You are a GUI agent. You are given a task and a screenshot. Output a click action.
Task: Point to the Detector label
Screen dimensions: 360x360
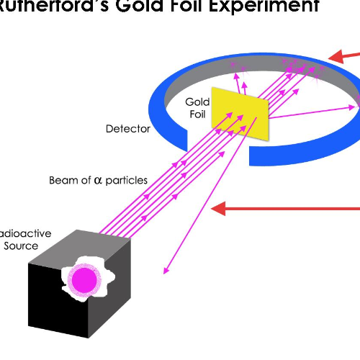coord(128,129)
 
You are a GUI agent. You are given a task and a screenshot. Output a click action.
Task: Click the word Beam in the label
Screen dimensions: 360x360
coord(63,180)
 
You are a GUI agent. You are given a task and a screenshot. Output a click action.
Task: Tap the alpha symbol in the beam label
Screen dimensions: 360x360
coord(98,180)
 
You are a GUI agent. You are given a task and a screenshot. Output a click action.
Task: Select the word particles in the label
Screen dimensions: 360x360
coord(125,180)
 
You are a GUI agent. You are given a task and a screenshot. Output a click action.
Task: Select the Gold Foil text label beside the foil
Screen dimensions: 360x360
coord(198,108)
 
